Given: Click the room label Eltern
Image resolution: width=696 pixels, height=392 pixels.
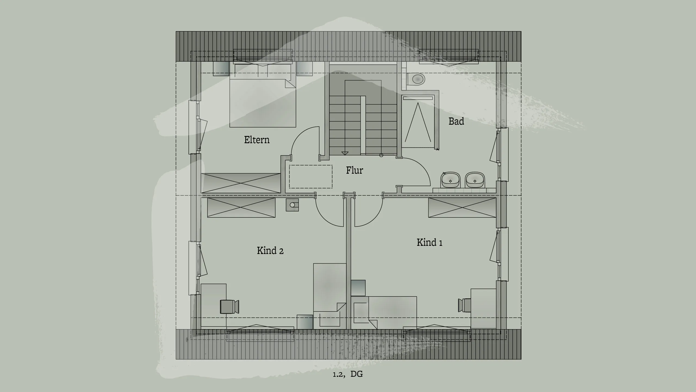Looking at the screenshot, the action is click(x=257, y=140).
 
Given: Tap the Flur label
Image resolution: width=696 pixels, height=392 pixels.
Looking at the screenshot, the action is click(x=354, y=170).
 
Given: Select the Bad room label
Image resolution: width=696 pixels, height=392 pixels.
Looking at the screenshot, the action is click(x=456, y=121).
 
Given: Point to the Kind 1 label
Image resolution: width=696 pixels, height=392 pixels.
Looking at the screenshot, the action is click(x=429, y=242).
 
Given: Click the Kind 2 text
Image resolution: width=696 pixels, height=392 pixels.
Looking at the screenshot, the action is click(x=270, y=250).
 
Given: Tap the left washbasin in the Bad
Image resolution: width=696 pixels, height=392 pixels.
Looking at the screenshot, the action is click(x=450, y=180).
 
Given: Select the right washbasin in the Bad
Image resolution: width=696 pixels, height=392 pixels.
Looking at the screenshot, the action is click(x=475, y=180).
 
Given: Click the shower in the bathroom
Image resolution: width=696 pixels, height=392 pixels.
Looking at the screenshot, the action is click(x=418, y=122).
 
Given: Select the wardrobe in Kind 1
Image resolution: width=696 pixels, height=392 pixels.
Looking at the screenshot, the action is click(x=462, y=208).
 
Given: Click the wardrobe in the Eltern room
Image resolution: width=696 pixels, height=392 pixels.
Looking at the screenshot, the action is click(x=241, y=183).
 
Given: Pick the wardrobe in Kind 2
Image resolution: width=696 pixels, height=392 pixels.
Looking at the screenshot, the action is click(x=241, y=208).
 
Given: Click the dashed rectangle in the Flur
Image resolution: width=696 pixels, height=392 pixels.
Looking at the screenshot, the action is click(x=310, y=176).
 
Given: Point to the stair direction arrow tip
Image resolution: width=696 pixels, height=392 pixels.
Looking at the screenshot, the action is click(x=345, y=154).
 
